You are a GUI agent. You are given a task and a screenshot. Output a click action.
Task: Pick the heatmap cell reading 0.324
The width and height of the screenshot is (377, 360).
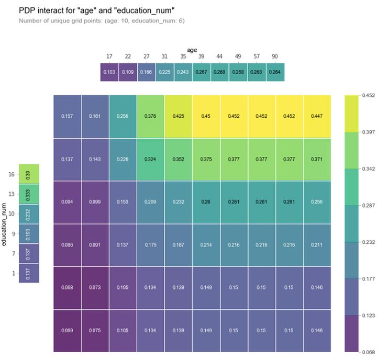pos(150,159)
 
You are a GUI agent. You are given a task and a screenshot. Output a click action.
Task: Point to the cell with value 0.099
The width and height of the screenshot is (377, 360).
pos(95,202)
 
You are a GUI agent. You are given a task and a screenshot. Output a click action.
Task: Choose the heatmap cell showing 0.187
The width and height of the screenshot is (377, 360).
pos(178,244)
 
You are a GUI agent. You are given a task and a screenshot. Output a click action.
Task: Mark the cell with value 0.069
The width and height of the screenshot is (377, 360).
pos(67,330)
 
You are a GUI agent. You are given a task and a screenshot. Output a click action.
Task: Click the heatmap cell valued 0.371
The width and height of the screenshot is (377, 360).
pos(317,159)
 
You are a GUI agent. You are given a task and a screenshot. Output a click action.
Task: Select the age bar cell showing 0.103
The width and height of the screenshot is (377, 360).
pos(109,72)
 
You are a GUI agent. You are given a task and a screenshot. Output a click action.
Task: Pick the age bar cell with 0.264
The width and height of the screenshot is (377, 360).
pos(275,72)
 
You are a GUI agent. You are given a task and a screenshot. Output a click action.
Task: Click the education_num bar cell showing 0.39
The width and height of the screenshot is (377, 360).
pos(29,174)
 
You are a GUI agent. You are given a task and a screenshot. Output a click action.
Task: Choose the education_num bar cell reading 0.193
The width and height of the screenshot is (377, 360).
pos(29,233)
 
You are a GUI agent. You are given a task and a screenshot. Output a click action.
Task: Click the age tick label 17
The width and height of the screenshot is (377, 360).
pos(109,57)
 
